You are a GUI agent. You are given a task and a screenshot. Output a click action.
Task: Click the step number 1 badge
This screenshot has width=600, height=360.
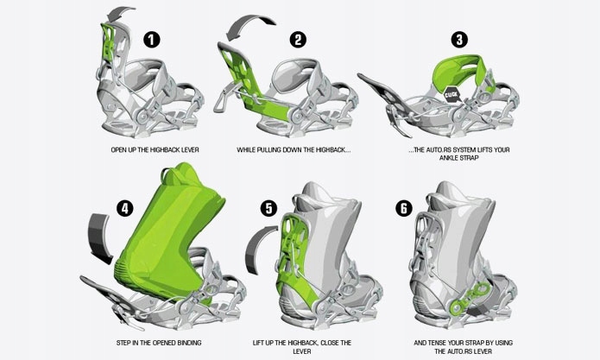152,40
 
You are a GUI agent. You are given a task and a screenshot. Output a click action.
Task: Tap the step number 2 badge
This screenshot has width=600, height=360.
298,40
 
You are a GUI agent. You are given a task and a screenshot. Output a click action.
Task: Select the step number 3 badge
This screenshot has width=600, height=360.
459,40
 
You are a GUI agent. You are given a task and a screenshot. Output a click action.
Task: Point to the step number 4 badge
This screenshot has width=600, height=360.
124,209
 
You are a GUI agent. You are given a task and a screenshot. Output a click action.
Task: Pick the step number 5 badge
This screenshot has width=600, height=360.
268,209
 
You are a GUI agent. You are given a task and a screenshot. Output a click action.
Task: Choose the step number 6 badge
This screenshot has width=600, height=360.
404,209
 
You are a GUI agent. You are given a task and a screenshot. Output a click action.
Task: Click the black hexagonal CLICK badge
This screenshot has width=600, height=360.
452,95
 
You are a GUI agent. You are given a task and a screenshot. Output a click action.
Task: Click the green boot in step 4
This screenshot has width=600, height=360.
168,237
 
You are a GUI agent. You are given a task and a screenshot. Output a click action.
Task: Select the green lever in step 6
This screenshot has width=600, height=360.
469,299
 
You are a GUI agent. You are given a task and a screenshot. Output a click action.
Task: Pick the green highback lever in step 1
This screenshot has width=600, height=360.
108,41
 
